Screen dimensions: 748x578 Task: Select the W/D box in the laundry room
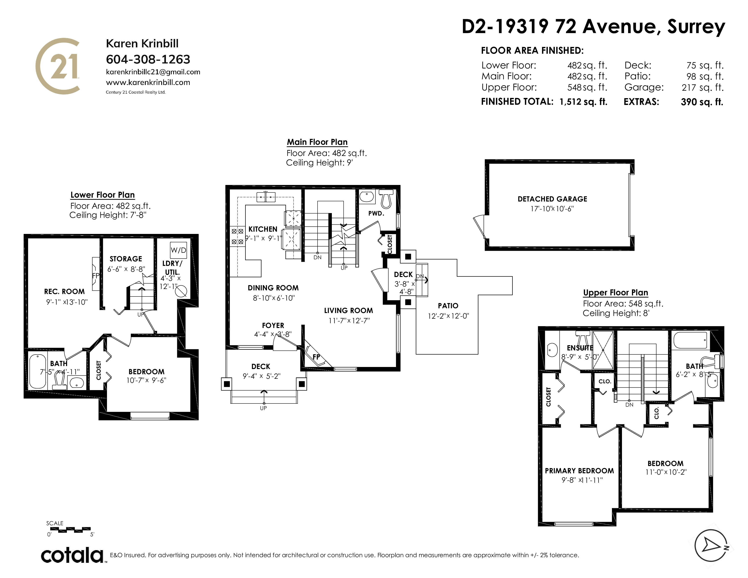tap(178, 250)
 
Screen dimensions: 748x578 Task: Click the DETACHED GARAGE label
tap(552, 199)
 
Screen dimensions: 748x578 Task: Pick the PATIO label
tap(448, 306)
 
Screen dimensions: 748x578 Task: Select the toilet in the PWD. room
tap(386, 199)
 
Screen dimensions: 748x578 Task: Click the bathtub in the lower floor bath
tap(38, 372)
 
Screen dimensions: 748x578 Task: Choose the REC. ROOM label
tap(64, 291)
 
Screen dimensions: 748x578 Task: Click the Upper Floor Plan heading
tap(615, 293)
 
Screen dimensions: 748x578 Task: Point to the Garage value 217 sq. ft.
tap(702, 88)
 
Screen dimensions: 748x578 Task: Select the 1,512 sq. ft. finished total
tap(583, 102)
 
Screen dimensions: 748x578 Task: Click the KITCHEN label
tap(263, 229)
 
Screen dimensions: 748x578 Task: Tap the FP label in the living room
tap(316, 357)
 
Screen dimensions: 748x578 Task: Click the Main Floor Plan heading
tap(317, 142)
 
